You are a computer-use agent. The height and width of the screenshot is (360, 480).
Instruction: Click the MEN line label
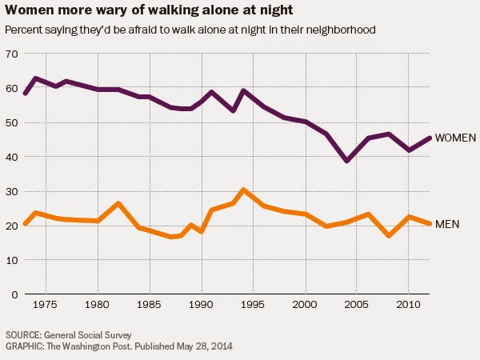click(446, 225)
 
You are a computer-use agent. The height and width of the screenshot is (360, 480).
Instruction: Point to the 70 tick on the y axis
click(11, 54)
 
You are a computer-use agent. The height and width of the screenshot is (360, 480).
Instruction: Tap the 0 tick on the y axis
click(14, 294)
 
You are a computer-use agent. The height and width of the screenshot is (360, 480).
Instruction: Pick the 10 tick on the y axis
click(11, 260)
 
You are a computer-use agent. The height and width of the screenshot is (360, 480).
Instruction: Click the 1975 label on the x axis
click(46, 306)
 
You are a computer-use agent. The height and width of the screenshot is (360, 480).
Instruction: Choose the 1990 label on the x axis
click(201, 306)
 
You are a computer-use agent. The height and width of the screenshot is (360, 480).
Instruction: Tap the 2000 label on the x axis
click(305, 306)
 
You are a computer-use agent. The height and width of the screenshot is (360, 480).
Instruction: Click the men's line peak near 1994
click(243, 190)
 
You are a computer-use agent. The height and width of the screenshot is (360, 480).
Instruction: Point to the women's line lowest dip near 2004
click(346, 161)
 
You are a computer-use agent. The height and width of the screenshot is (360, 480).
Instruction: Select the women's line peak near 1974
click(36, 78)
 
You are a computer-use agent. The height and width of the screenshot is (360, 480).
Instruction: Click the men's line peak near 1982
click(118, 203)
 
